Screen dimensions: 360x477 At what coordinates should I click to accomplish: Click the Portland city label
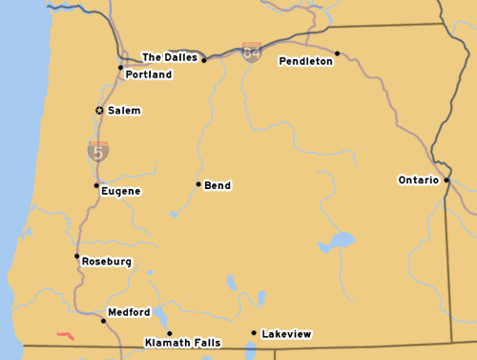coord(148,74)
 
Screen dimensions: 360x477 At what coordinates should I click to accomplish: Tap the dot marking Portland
coord(120,67)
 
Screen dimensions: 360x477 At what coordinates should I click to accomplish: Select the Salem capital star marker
coord(99,111)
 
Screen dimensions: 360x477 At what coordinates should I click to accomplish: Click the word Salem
coord(124,111)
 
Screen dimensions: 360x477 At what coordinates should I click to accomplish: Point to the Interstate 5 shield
coord(98,150)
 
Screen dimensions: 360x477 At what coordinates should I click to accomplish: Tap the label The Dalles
coord(170,57)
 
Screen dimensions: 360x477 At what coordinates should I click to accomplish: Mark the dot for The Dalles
coord(204,59)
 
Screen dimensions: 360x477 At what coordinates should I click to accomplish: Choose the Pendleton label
coord(305,61)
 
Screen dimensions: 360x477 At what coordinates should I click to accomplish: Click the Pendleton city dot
coord(337,53)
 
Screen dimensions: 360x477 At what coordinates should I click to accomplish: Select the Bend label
coord(218,185)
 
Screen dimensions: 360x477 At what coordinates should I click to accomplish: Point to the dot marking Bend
coord(198,184)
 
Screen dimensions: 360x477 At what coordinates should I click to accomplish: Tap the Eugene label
coord(121,191)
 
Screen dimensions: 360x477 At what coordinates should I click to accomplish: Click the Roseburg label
coord(107,262)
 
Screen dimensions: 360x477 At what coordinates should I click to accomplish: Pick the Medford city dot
coord(103,321)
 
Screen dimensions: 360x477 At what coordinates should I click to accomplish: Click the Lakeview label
coord(286,334)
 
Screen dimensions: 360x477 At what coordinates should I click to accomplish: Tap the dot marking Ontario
coord(446,180)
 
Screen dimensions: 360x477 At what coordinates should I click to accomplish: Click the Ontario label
coord(418,180)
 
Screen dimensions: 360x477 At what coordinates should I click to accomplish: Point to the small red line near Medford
coord(66,335)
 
